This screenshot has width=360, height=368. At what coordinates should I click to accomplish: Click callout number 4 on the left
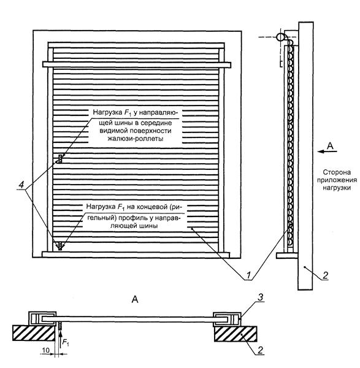[x=21, y=185]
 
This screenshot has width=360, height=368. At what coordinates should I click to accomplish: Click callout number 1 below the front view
[x=248, y=275]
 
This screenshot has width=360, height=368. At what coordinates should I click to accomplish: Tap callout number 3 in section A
[x=261, y=297]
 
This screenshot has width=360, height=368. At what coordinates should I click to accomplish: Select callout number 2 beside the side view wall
[x=325, y=275]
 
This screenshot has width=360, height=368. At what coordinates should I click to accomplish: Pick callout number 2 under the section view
[x=260, y=350]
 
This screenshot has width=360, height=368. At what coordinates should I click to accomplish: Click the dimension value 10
[x=46, y=350]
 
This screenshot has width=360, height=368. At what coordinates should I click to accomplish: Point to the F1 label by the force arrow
[x=65, y=343]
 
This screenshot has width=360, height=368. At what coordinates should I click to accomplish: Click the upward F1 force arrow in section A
[x=60, y=340]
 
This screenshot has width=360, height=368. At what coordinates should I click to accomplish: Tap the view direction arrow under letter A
[x=327, y=151]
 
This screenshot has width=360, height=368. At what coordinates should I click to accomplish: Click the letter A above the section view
[x=135, y=299]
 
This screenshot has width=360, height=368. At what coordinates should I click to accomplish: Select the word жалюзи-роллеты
[x=136, y=139]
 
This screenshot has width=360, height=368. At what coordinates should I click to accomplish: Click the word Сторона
[x=337, y=172]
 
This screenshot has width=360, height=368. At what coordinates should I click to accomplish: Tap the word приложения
[x=337, y=180]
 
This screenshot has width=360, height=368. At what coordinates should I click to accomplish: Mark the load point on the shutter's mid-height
[x=60, y=159]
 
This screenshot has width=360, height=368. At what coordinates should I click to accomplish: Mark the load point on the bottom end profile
[x=60, y=245]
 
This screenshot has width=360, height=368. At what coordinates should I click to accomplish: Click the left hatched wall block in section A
[x=34, y=333]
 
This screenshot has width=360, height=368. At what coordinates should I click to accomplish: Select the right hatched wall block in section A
[x=236, y=334]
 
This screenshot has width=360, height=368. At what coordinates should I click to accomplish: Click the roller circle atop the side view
[x=280, y=37]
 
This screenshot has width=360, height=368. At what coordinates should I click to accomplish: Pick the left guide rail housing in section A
[x=42, y=319]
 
